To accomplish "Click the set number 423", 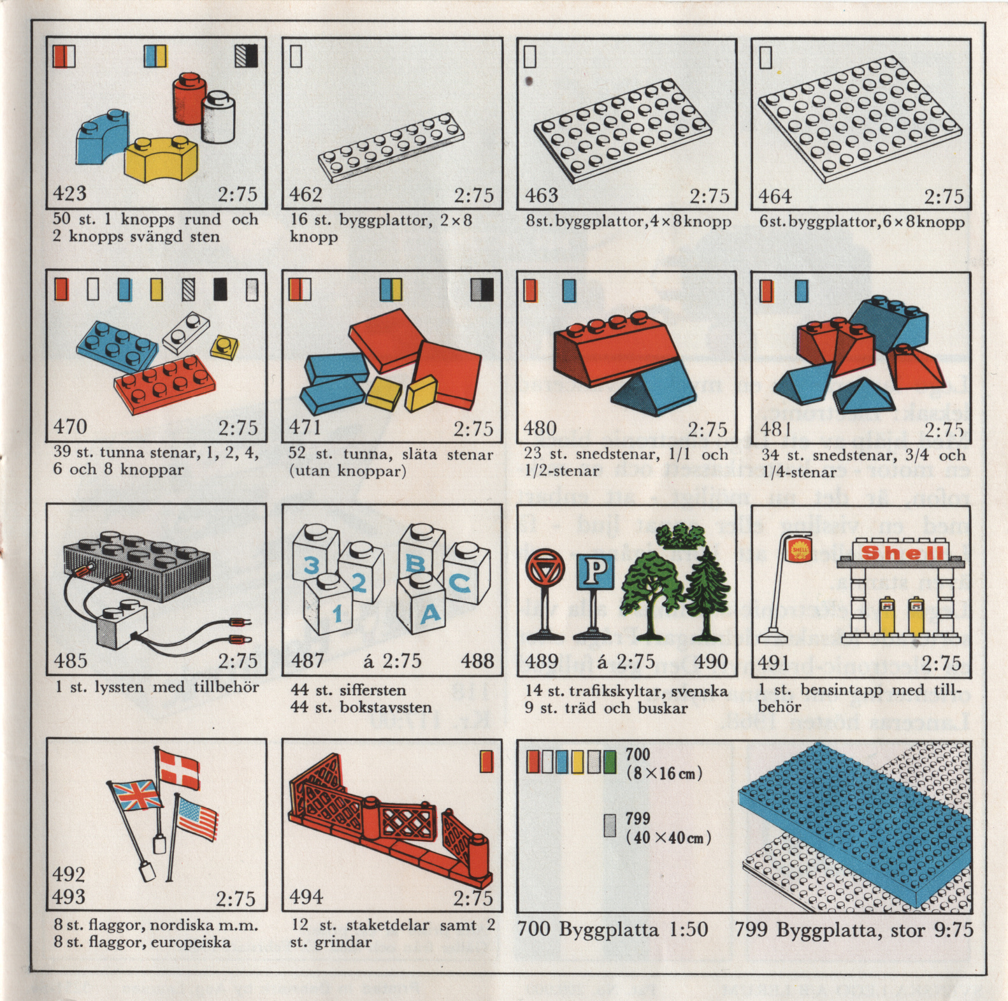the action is pos(69,192).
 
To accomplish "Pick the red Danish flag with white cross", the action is pos(179,768).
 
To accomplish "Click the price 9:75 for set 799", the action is pos(954,930).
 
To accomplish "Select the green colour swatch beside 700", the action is pos(610,761).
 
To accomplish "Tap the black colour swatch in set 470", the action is pos(220,290).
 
